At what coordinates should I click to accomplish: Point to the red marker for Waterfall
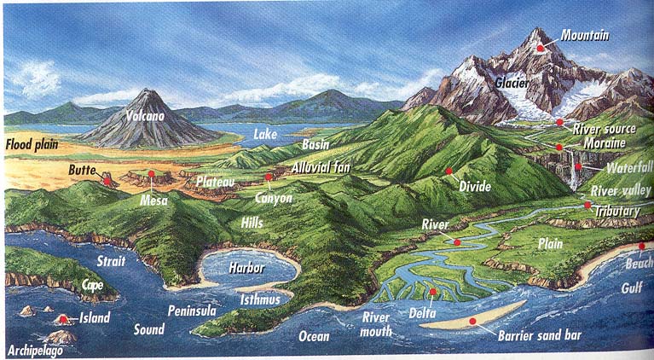pos(577,167)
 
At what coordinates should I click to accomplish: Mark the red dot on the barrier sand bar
pos(472,321)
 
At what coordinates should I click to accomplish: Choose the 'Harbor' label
pos(246,267)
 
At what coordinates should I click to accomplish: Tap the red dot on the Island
pos(64,320)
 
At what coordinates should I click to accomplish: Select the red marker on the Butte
pos(107,180)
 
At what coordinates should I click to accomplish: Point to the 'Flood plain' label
pos(32,144)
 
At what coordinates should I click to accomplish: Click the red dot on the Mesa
pos(151,175)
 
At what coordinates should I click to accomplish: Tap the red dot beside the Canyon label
pos(269,177)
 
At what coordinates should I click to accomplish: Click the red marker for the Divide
pos(448,171)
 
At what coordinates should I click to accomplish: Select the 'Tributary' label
pos(620,210)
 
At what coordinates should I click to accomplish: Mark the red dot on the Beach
pos(641,247)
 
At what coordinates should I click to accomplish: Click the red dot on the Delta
pos(432,293)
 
